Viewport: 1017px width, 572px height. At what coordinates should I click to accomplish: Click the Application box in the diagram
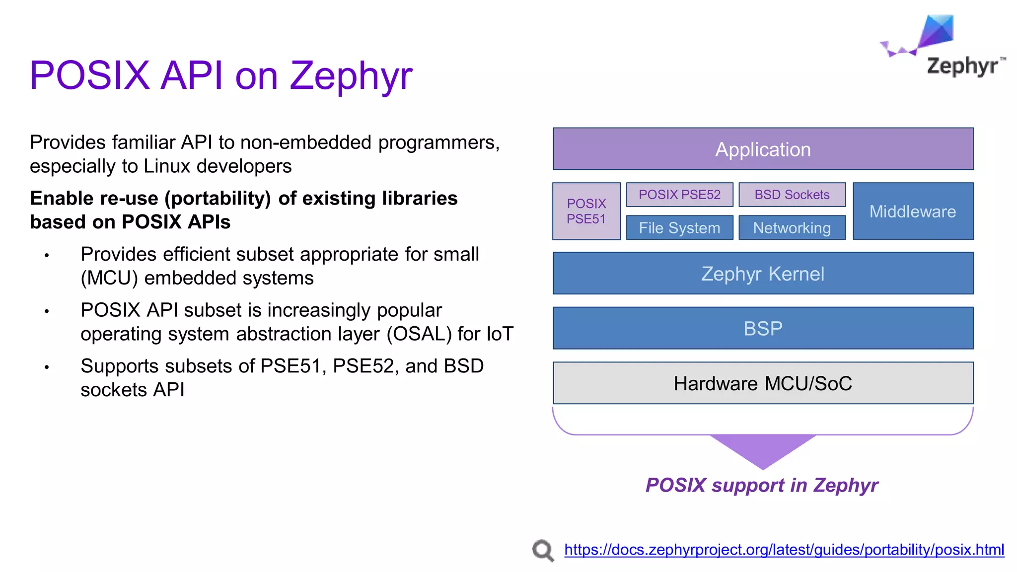click(x=763, y=149)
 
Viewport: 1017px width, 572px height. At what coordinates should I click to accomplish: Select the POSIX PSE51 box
click(x=586, y=211)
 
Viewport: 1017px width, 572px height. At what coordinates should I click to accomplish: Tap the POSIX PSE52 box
click(x=679, y=195)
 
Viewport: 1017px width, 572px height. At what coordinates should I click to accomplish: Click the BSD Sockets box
click(x=792, y=195)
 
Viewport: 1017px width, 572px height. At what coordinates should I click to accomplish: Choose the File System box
click(x=679, y=228)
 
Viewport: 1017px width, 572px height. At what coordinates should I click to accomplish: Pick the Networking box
click(x=792, y=228)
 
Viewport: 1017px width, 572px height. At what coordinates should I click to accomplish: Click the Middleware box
click(x=913, y=211)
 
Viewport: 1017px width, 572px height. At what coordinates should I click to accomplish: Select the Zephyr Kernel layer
click(x=763, y=274)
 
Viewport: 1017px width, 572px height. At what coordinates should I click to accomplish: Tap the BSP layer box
click(x=763, y=328)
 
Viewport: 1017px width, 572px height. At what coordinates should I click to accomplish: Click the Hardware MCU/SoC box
click(x=763, y=383)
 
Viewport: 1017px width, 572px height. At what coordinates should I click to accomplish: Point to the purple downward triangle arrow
click(x=763, y=449)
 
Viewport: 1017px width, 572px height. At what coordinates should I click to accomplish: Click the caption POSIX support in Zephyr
click(x=762, y=485)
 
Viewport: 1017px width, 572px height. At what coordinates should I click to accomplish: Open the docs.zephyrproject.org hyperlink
click(x=784, y=550)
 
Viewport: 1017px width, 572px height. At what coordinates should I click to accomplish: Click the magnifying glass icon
click(x=543, y=550)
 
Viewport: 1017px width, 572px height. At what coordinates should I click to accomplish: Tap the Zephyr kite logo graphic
click(x=929, y=36)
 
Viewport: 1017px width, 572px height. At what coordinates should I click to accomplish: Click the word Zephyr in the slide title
click(x=351, y=75)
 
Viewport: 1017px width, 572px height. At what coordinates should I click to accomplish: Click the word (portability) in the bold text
click(x=218, y=198)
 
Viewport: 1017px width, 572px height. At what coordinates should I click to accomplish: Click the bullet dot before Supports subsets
click(x=47, y=367)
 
